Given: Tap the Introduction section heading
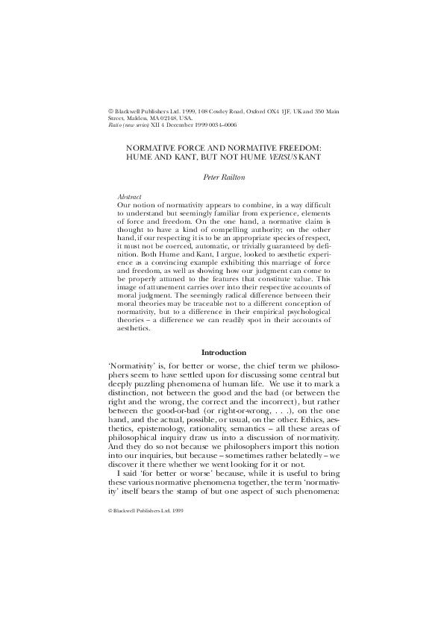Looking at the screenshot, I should (221, 353).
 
